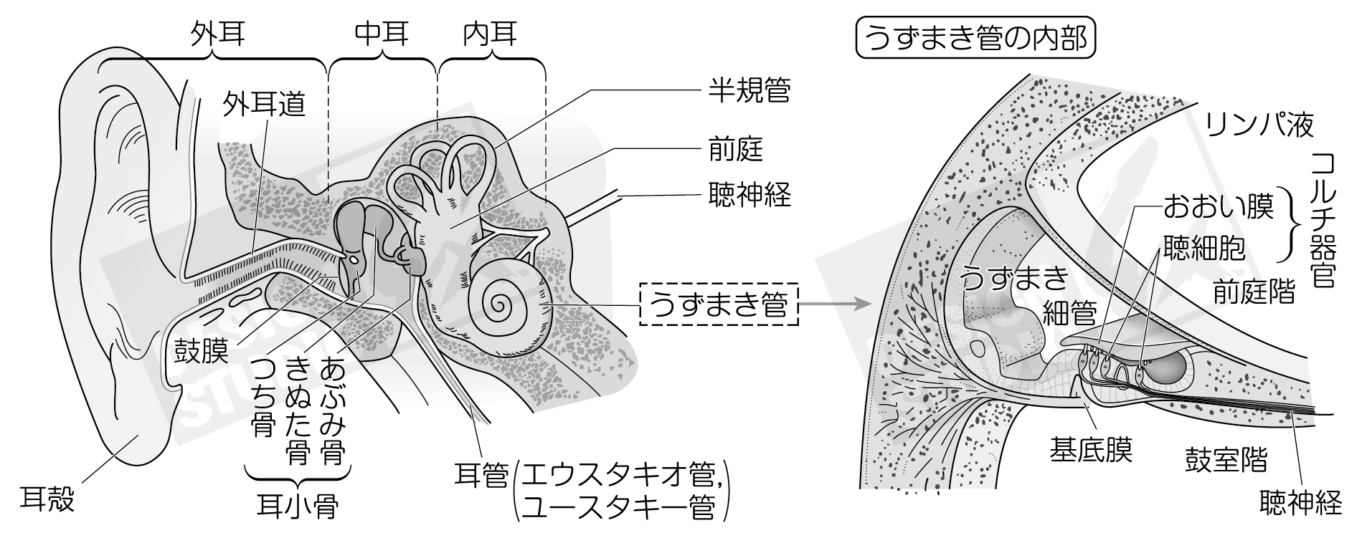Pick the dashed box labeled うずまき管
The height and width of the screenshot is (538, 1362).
pos(718,305)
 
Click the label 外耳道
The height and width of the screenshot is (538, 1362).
pos(264,105)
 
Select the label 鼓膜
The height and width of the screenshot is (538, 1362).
pos(202,351)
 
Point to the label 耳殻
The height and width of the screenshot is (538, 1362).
pos(47,499)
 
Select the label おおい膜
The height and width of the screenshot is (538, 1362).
pos(1218,207)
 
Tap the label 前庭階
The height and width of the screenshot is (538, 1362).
pos(1254,292)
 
